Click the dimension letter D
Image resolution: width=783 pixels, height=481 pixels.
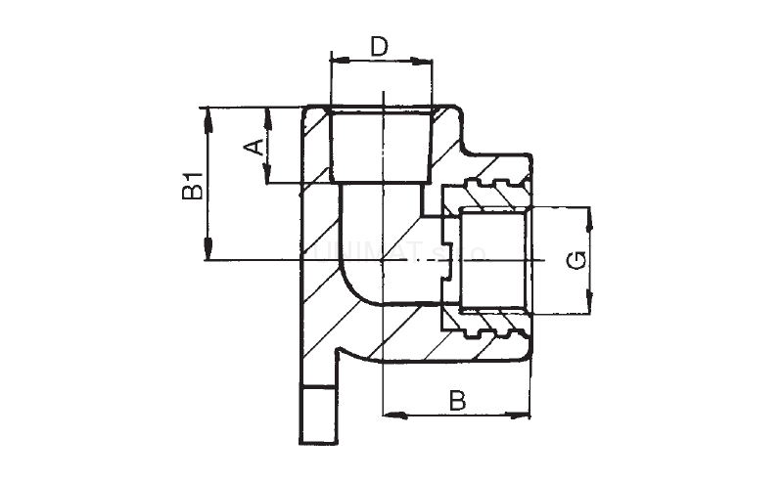[x=381, y=46]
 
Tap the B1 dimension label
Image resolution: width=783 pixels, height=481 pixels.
[x=193, y=185]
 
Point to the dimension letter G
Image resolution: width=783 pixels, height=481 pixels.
[x=577, y=260]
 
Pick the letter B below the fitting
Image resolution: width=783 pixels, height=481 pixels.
[x=456, y=400]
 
